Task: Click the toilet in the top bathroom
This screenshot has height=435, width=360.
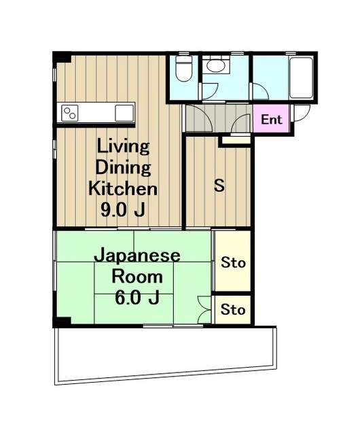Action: pos(184,68)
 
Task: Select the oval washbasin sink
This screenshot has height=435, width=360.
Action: pos(215,66)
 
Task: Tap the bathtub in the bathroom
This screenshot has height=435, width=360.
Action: pos(301,77)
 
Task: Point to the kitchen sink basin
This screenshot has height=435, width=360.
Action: pos(124,114)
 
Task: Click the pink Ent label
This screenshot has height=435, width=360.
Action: pos(272,120)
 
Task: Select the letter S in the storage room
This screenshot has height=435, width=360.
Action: pos(219,186)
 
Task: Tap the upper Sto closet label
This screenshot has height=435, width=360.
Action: pos(233,262)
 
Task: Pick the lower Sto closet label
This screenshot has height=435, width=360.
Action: pos(233,309)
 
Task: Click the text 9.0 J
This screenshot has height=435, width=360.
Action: pos(123,210)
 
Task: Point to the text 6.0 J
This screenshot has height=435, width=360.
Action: pos(137,298)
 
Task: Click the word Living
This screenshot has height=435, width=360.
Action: pos(123,147)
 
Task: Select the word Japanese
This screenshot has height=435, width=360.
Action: pos(137,256)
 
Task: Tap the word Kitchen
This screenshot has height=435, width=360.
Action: pos(123,188)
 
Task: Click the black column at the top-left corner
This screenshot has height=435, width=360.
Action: pos(62,57)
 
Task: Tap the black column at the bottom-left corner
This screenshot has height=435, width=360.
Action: pos(62,321)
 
